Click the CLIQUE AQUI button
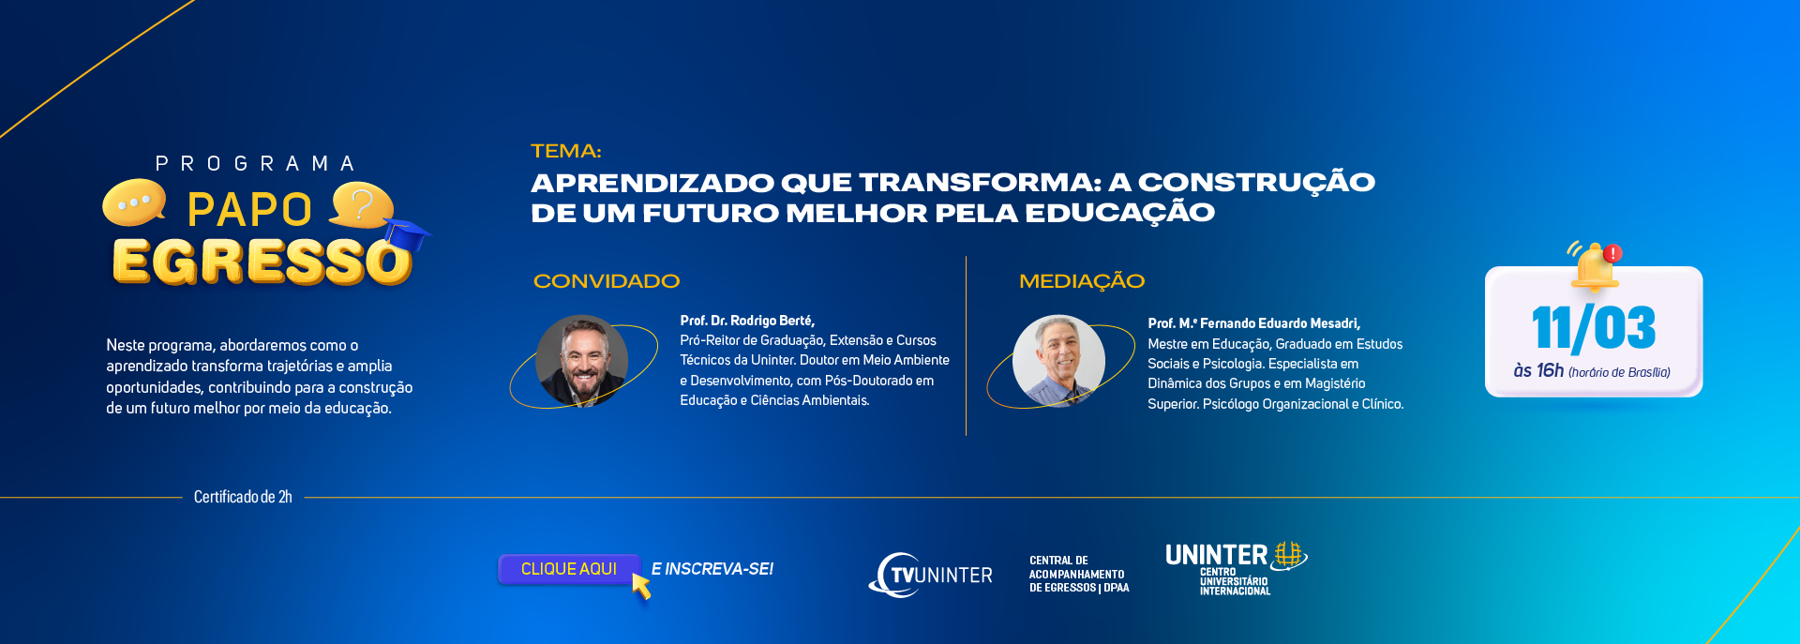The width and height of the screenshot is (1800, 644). [x=569, y=569]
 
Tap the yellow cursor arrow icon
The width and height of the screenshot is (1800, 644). [x=642, y=586]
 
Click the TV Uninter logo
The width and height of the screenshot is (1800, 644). [x=930, y=575]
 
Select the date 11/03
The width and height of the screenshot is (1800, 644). [x=1594, y=329]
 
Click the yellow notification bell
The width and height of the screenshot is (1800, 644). [x=1593, y=267]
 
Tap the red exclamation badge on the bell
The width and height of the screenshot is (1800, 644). [x=1612, y=253]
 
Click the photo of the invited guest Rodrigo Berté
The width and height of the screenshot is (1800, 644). [x=581, y=361]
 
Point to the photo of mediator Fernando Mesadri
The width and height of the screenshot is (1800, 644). [x=1058, y=361]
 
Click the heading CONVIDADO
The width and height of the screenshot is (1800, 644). [x=607, y=281]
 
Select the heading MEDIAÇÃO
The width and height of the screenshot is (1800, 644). [x=1082, y=281]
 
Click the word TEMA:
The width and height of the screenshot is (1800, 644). [x=566, y=151]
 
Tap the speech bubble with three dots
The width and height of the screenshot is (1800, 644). [x=134, y=202]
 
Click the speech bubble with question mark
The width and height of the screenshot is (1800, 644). [x=360, y=205]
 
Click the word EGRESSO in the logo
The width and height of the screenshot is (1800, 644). [x=262, y=262]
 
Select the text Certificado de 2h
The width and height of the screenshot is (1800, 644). [x=243, y=497]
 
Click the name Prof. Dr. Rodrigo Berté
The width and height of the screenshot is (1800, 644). [x=747, y=321]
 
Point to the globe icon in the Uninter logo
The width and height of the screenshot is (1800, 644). [x=1289, y=555]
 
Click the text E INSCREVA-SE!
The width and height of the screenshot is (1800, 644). [x=712, y=569]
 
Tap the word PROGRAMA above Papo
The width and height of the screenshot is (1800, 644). [x=255, y=164]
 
